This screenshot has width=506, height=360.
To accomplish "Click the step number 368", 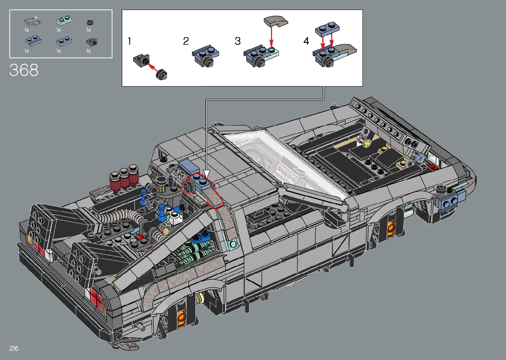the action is point(24,70).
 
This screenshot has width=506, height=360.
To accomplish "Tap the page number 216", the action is point(14,348).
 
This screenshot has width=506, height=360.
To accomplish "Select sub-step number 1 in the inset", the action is point(129,41).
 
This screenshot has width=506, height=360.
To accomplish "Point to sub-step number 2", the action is point(186,41).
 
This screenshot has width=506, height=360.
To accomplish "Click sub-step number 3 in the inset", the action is point(238,41).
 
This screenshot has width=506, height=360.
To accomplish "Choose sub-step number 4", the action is point(306,41).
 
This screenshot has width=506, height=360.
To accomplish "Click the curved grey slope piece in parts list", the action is point(32,21).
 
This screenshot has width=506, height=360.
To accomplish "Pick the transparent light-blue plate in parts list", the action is point(64,20).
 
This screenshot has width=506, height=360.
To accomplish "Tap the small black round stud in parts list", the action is point(90,22).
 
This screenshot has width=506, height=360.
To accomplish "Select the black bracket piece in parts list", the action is point(92,42).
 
